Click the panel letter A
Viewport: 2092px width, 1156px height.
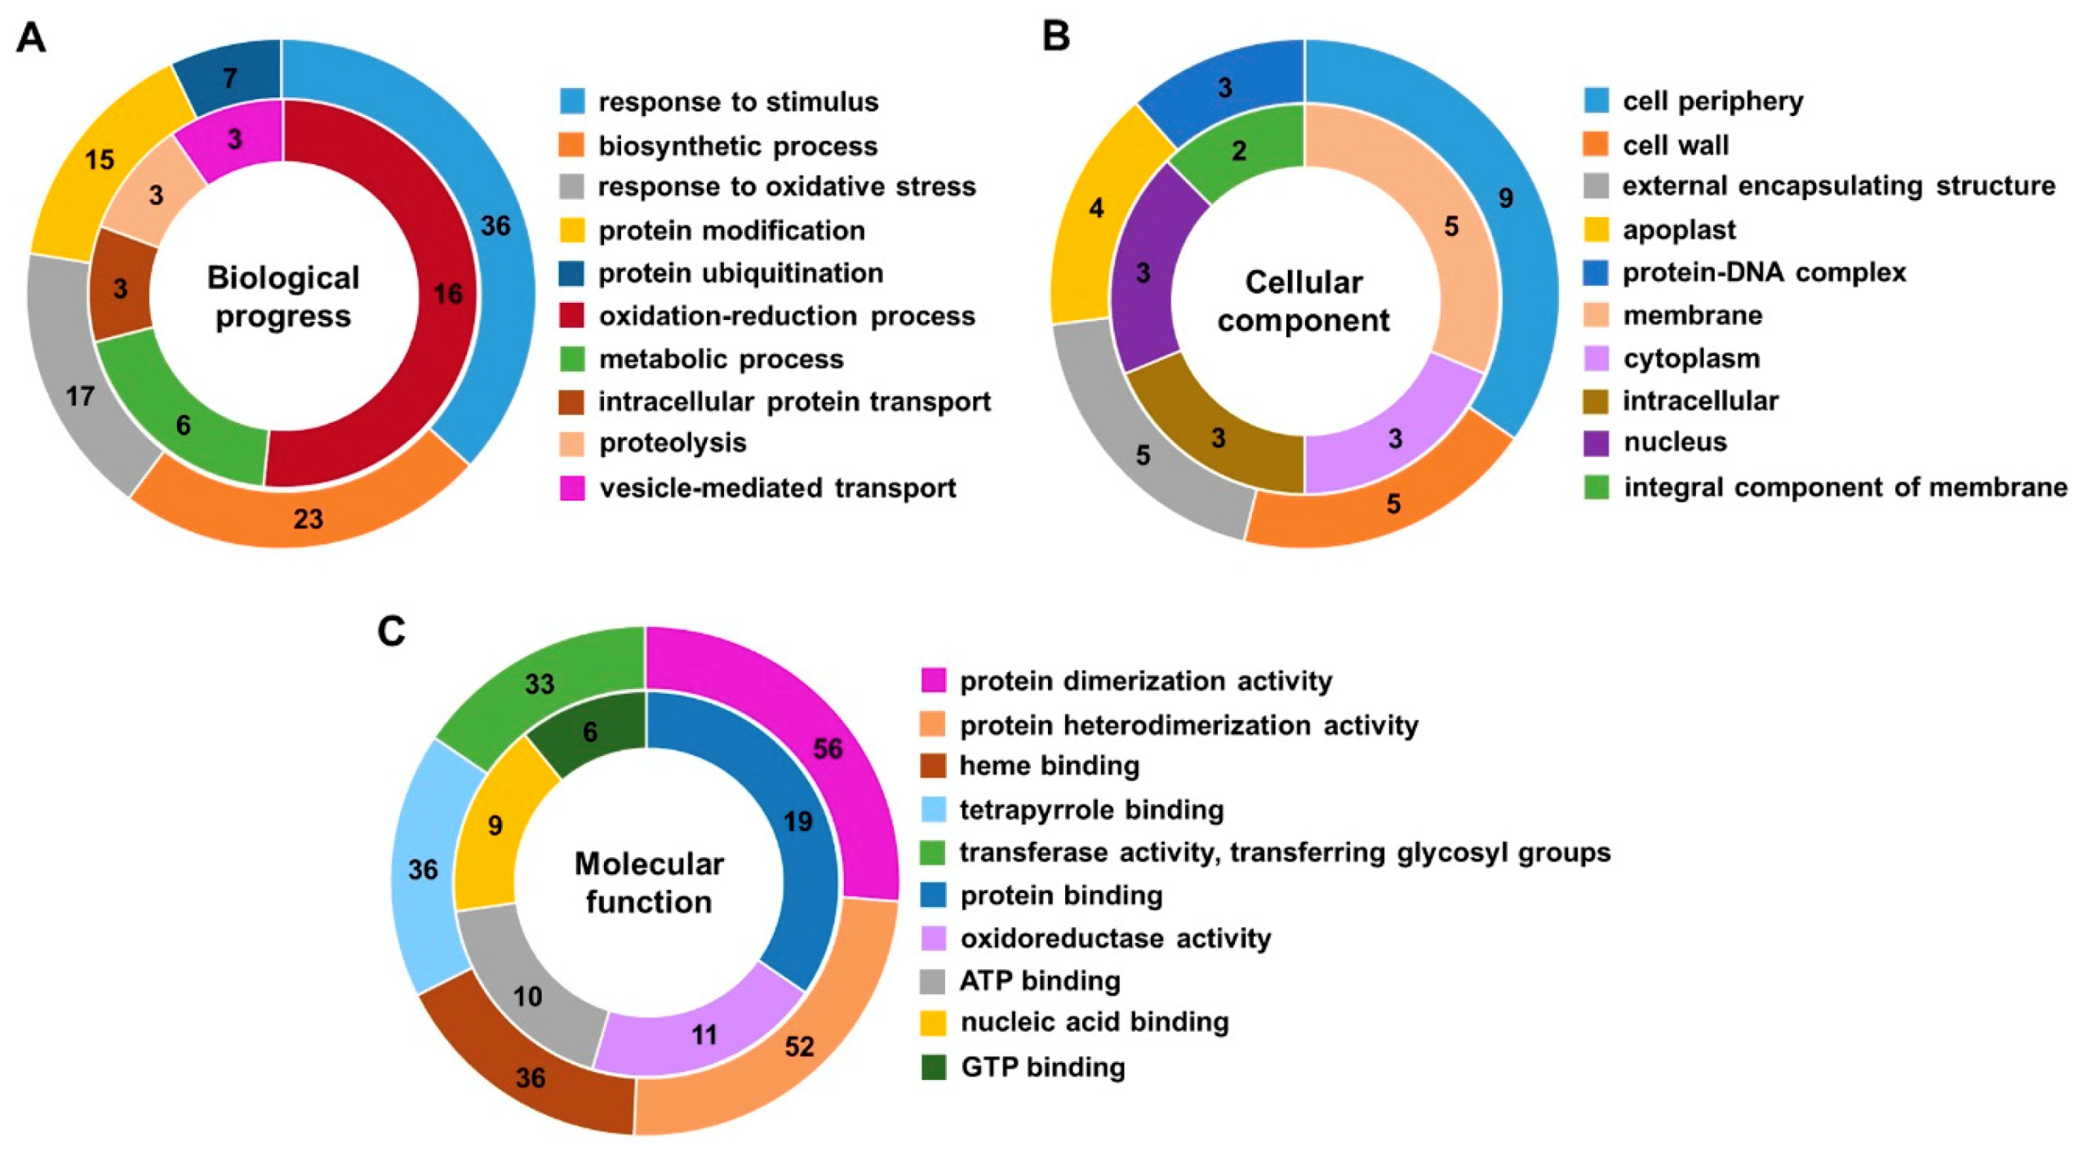31,38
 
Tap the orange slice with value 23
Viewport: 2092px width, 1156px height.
308,517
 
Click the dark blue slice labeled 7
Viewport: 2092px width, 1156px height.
231,78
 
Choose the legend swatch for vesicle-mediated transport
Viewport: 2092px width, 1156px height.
571,487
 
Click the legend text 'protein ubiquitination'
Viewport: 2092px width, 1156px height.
740,273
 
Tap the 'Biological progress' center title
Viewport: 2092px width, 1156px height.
282,296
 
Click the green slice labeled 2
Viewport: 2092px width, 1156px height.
1240,150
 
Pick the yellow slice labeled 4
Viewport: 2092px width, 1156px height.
1096,209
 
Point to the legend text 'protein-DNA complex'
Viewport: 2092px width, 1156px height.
1764,272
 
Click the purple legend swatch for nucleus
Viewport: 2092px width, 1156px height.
1596,442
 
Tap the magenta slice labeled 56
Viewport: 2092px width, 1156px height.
827,749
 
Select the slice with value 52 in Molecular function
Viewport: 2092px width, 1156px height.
798,1047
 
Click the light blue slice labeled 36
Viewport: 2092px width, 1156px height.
423,869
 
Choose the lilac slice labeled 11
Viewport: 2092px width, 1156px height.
704,1035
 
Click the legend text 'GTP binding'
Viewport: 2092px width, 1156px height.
1042,1067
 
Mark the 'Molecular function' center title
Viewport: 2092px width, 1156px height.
649,883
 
